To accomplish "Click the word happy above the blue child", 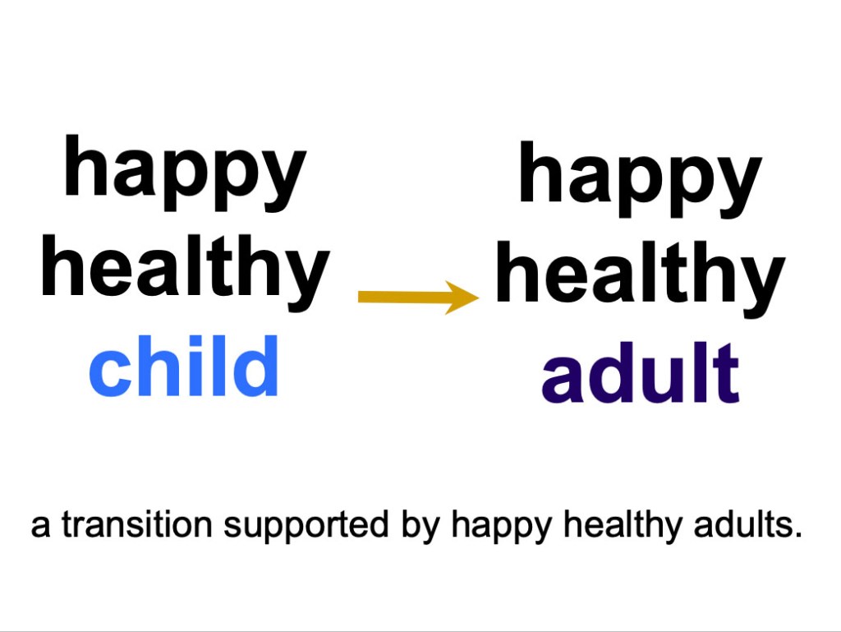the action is click(x=185, y=173).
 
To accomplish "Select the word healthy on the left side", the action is click(x=185, y=272).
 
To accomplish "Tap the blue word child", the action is click(x=183, y=366).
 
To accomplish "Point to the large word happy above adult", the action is click(x=641, y=179).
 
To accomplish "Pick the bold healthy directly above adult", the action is click(x=641, y=279).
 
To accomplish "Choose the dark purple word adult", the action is click(x=641, y=373).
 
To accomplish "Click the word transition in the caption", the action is click(x=137, y=524).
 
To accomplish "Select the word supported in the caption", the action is click(x=306, y=526).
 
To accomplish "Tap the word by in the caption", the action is click(x=420, y=526).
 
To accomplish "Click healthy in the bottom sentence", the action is click(x=623, y=526).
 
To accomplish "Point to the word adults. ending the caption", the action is click(x=747, y=524).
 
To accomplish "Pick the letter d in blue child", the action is click(x=256, y=366).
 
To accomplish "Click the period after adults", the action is click(x=798, y=535).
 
